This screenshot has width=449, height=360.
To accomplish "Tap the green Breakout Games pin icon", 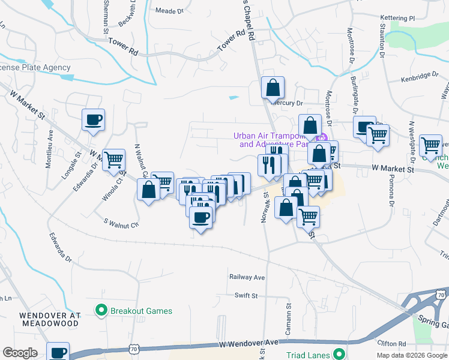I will tap(100, 311).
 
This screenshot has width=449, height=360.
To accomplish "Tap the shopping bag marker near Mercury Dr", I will tap(273, 88).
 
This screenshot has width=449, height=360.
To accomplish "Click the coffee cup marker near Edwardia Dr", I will tap(93, 119).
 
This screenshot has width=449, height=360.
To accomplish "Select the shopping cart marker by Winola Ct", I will tap(113, 160).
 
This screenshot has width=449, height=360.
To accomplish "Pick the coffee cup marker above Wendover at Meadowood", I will tap(58, 352).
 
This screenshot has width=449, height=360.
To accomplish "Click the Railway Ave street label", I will tap(247, 277).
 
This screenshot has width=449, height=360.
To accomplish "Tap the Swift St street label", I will tap(246, 295).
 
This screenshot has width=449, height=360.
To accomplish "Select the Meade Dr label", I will tap(169, 11).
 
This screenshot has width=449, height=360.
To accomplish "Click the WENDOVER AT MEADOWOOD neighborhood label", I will tap(49, 319).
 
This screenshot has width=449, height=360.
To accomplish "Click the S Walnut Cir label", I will tap(121, 223).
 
